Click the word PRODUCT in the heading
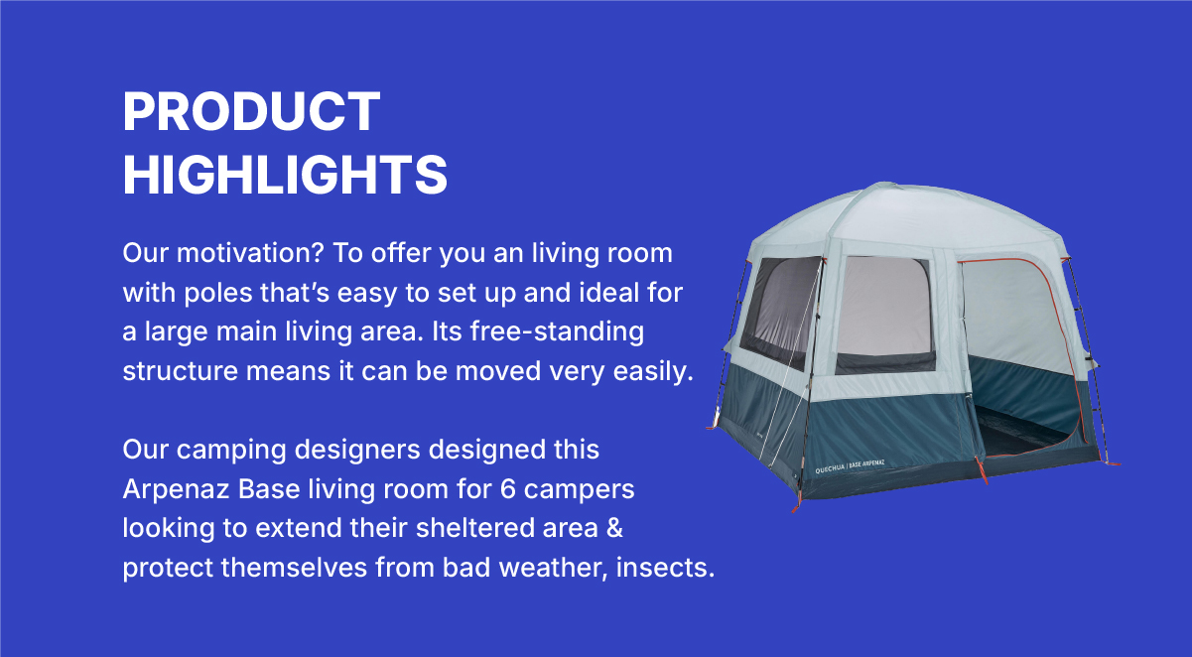coord(251,111)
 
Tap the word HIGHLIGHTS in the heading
coord(285,175)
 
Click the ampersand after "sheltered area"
coord(614,528)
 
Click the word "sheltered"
coord(481,528)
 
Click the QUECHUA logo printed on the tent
coord(835,468)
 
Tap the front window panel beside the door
coord(884,310)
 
